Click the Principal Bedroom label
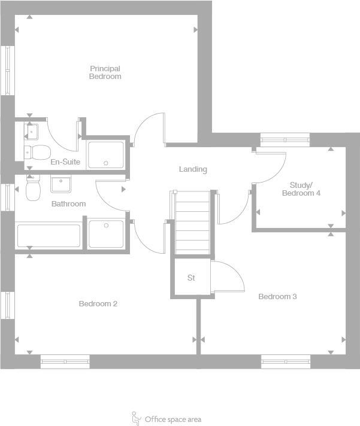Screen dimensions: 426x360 [105, 72]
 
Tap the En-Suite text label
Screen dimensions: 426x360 [65, 162]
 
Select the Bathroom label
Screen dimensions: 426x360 [68, 204]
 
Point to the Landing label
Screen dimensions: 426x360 [193, 169]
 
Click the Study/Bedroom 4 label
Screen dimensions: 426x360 [301, 189]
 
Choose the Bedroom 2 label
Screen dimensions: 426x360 [98, 304]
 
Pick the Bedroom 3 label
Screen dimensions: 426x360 [277, 297]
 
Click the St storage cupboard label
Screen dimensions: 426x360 [192, 278]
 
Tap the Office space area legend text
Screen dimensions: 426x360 [173, 419]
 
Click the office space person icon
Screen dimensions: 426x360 [137, 418]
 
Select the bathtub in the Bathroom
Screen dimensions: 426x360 [49, 236]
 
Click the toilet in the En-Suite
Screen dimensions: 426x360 [35, 150]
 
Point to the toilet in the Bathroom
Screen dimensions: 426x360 [33, 188]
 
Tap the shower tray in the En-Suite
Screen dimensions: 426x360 [105, 154]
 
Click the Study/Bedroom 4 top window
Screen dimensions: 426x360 [285, 141]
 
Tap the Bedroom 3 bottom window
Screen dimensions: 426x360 [286, 361]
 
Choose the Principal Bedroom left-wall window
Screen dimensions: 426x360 [8, 69]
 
